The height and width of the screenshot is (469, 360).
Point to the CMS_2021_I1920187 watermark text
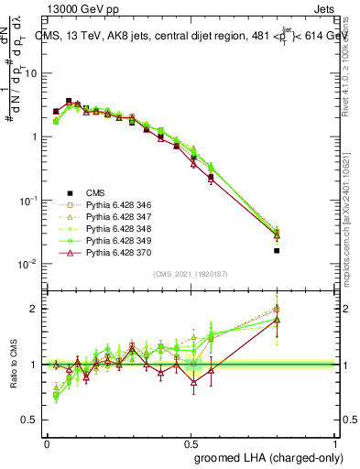(x=190, y=274)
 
